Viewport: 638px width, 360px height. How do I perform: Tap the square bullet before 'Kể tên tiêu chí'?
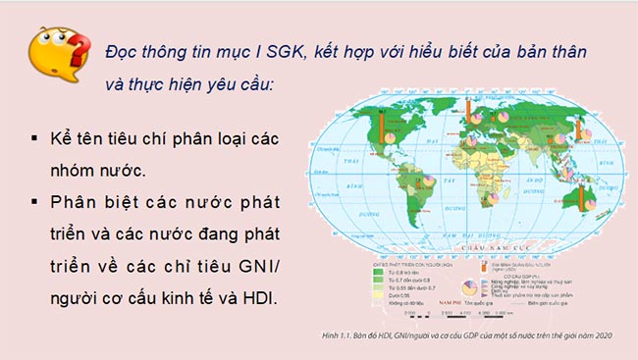(x=35, y=136)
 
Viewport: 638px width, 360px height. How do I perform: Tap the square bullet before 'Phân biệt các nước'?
(x=35, y=202)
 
